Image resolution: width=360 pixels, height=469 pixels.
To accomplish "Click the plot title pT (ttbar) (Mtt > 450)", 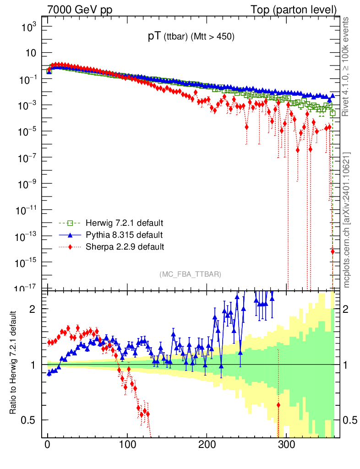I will pos(191,38).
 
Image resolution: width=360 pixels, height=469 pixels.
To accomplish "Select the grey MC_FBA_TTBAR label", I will pos(191,274).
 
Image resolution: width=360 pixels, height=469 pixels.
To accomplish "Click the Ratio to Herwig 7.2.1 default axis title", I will pos(14,364).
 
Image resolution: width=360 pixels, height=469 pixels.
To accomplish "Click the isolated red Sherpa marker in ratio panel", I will pos(278,405).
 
